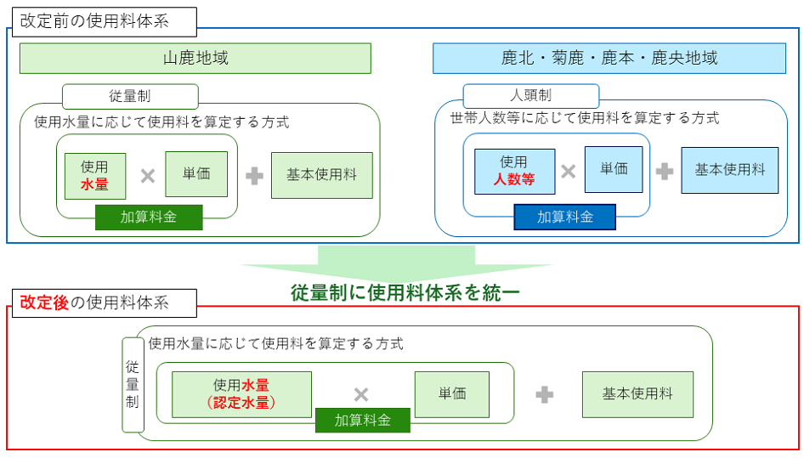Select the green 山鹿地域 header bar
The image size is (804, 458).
195,59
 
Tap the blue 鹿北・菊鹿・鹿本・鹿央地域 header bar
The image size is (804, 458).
609,59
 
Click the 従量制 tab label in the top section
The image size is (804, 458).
130,96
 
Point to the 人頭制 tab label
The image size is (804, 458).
530,96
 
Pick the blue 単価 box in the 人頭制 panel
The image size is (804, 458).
614,169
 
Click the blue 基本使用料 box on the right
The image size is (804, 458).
730,170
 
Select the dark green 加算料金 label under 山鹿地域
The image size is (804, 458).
149,218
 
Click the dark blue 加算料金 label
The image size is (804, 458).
564,218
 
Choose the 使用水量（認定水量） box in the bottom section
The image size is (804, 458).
241,394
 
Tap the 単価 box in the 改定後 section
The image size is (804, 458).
452,394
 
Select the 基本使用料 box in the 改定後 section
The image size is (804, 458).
637,394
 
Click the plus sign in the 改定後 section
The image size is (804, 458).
545,394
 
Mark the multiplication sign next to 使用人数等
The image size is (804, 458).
569,172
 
